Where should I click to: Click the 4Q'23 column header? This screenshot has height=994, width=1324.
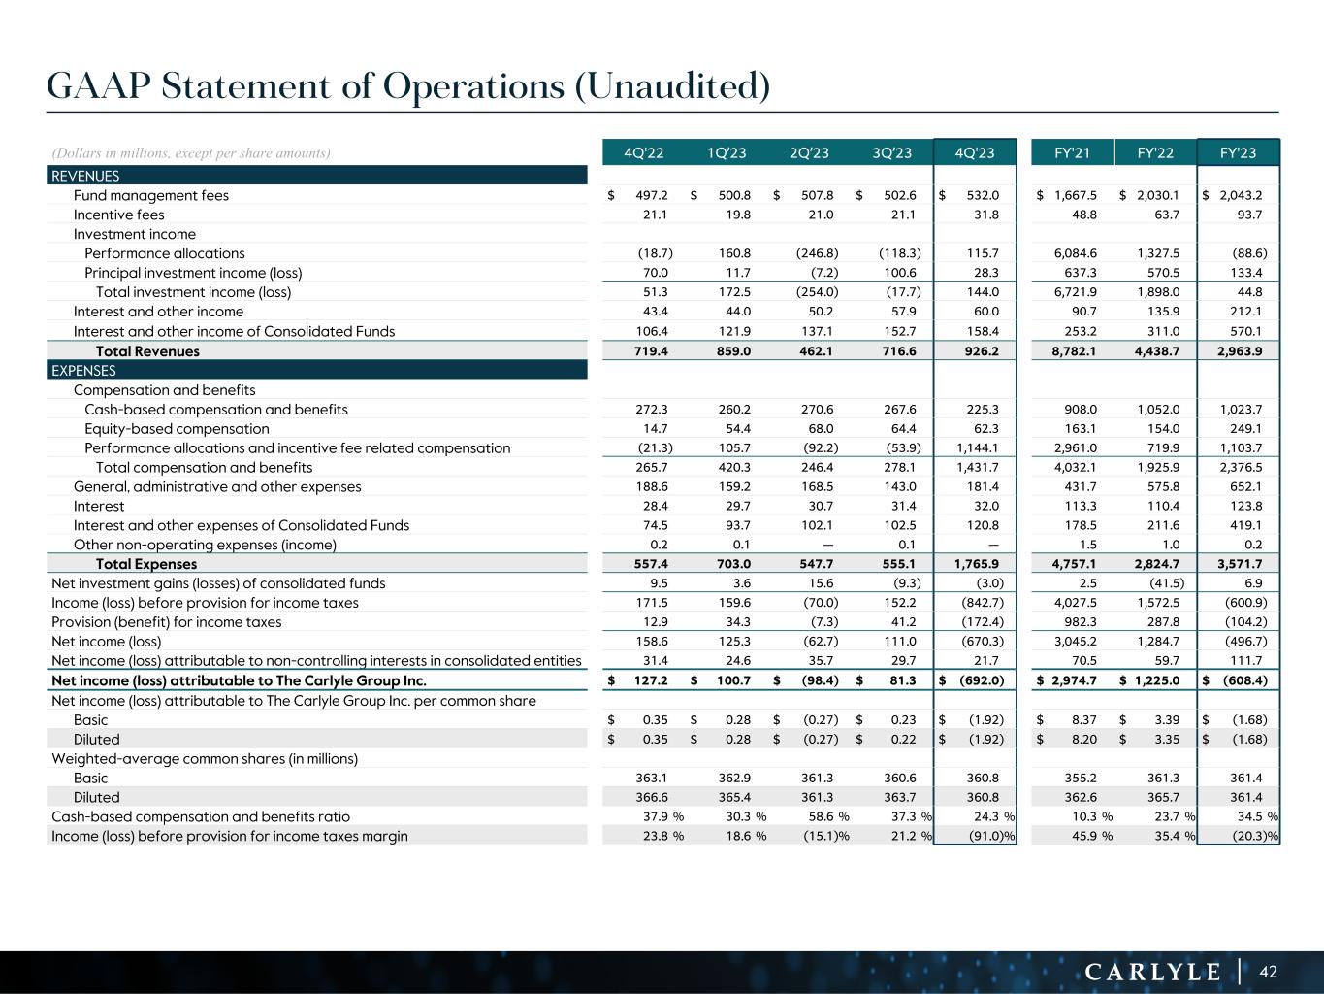974,152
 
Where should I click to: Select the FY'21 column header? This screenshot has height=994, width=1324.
1072,152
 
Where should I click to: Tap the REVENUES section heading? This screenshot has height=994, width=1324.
85,176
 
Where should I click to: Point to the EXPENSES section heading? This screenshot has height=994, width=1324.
83,370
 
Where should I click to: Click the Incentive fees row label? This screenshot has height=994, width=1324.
118,215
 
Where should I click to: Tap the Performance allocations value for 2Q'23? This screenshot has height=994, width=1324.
818,253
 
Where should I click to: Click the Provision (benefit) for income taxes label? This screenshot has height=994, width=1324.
166,622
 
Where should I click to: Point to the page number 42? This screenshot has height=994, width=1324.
1270,971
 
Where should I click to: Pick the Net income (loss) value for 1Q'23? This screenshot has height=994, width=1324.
734,642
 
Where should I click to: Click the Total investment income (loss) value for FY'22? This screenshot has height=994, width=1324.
1157,292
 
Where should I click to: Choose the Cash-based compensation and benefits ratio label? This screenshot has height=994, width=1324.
200,816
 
